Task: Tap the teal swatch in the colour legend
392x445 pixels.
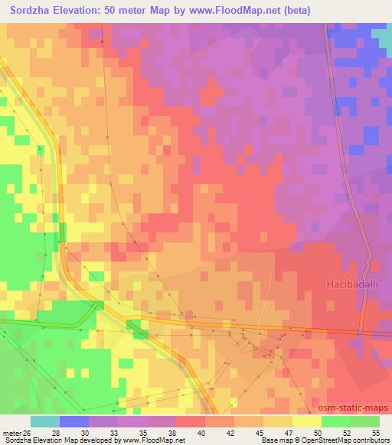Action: pos(45,421)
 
